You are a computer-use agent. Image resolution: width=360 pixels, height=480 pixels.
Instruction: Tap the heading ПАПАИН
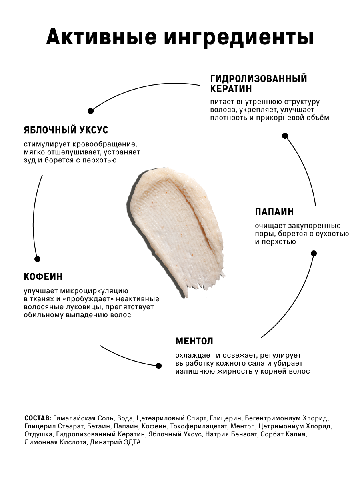(274, 212)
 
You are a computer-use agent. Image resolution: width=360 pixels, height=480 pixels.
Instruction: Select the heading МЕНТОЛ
(194, 341)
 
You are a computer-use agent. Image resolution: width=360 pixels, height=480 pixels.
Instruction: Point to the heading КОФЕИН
(43, 277)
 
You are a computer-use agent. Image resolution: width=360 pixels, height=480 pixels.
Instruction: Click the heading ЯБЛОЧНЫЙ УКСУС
(66, 130)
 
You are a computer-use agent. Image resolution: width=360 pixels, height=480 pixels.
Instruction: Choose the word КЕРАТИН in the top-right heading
(231, 88)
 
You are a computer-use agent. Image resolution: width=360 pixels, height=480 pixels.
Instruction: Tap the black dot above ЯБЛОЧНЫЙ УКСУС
(91, 111)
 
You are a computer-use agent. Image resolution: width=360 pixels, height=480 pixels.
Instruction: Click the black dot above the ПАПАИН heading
(285, 136)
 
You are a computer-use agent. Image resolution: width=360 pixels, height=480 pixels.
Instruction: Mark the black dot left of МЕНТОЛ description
(158, 366)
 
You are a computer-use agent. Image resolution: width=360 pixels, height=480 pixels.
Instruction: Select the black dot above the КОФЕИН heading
(38, 259)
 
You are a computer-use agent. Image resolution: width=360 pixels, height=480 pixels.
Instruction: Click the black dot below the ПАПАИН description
(314, 253)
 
